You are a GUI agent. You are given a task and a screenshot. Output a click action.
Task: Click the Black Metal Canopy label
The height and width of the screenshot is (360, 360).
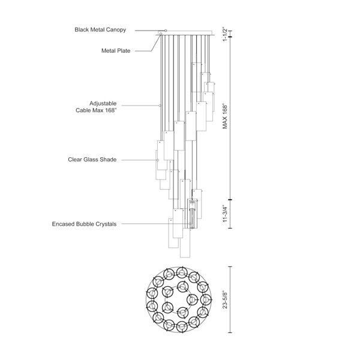(x=100, y=30)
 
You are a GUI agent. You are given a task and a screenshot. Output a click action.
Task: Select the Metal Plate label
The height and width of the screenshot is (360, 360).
(x=116, y=51)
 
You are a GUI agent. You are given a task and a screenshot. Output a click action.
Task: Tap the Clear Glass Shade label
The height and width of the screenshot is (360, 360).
(x=92, y=160)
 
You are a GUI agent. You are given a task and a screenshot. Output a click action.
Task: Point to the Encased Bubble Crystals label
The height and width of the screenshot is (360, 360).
(x=84, y=224)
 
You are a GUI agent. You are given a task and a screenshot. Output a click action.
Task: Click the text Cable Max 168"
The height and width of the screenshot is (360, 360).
(x=96, y=110)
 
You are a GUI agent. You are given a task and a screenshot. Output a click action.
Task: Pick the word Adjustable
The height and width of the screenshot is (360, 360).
(x=103, y=103)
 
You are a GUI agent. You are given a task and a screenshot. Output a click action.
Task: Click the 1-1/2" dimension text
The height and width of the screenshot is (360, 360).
(x=225, y=34)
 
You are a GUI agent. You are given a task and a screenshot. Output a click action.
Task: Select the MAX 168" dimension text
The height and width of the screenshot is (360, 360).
(x=225, y=117)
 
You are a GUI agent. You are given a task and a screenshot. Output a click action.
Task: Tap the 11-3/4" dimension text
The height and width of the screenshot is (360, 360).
(x=225, y=214)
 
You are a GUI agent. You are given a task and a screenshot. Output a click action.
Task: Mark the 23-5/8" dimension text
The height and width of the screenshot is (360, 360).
(x=225, y=299)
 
